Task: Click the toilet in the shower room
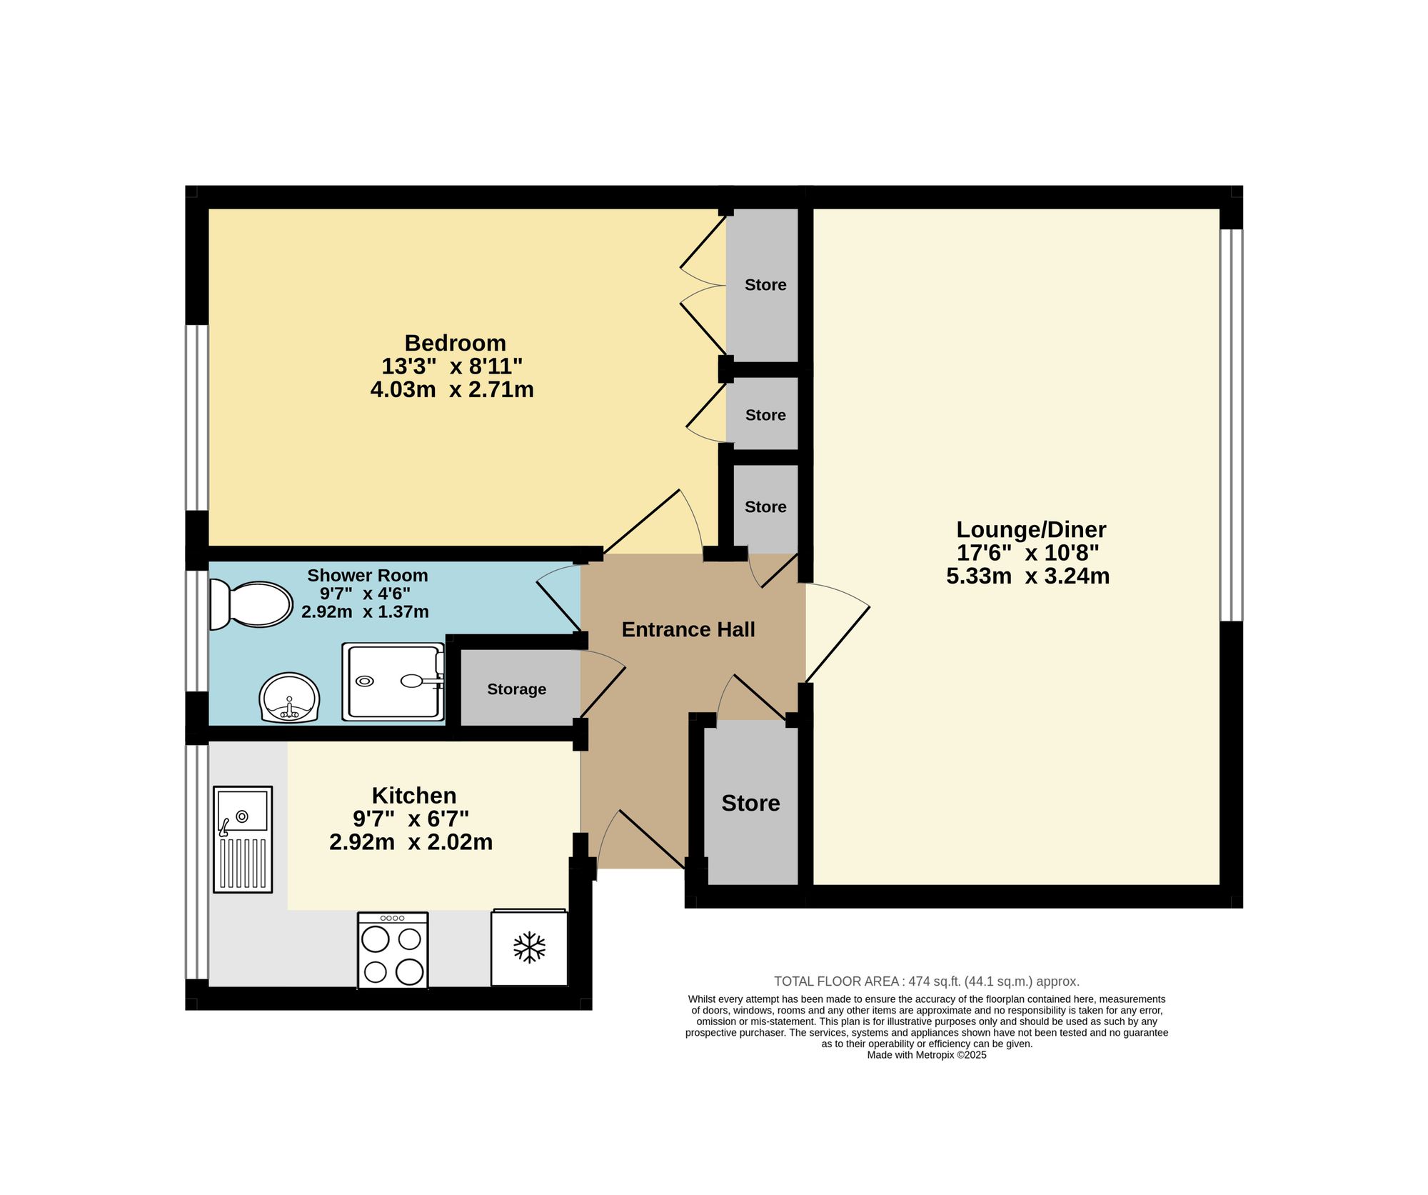click(251, 604)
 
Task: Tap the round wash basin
click(289, 698)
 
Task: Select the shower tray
click(393, 681)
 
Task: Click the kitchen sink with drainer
click(243, 839)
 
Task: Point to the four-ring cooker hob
click(393, 950)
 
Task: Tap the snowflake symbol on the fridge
click(529, 947)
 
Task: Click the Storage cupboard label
click(517, 689)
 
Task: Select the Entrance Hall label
click(688, 629)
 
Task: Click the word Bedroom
click(455, 343)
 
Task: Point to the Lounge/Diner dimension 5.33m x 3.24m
click(1028, 576)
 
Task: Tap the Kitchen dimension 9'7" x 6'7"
click(411, 819)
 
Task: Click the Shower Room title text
click(368, 575)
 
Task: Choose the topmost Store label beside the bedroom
click(765, 285)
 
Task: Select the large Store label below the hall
click(750, 803)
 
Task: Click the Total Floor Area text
click(927, 981)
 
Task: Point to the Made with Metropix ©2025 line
click(927, 1055)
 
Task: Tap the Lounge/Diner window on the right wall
click(1231, 425)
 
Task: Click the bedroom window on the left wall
click(197, 418)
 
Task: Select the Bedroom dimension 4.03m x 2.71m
click(452, 390)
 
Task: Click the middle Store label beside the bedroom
click(765, 415)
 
